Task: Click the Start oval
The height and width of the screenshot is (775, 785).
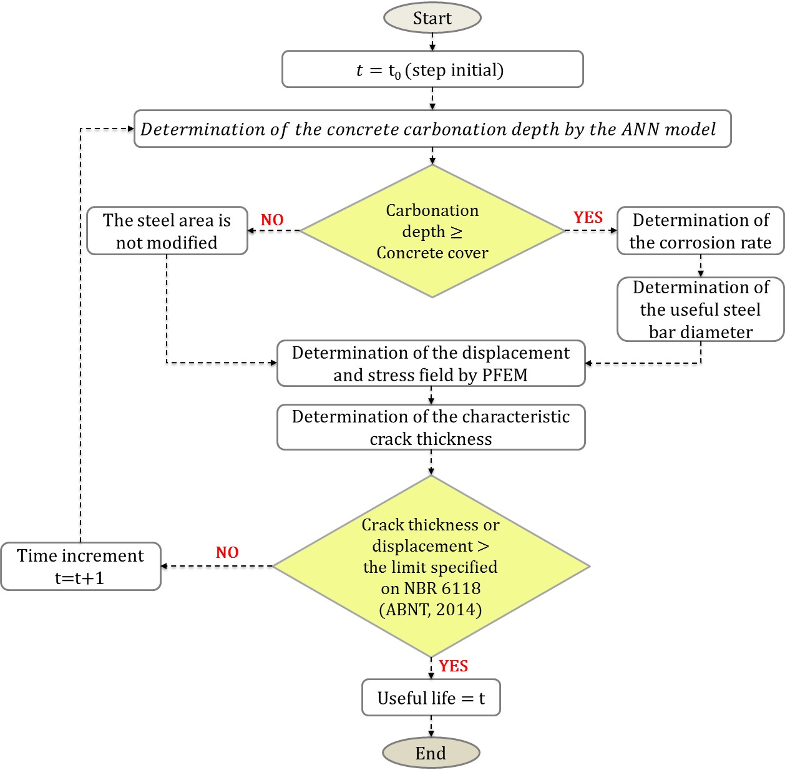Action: [432, 18]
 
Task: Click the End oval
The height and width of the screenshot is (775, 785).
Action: [431, 753]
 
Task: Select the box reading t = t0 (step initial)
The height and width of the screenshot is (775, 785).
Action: [432, 69]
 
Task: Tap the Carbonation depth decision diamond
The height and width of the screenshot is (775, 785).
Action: [432, 231]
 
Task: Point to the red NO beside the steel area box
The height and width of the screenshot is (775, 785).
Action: [272, 220]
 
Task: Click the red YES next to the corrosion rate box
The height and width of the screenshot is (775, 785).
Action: [588, 217]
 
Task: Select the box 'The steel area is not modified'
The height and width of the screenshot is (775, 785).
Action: [167, 231]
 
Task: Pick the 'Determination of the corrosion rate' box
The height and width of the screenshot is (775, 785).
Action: [700, 231]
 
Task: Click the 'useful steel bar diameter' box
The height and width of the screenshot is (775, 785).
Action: [700, 310]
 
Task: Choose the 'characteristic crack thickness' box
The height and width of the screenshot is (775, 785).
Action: [431, 427]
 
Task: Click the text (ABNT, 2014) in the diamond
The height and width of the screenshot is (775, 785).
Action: [431, 609]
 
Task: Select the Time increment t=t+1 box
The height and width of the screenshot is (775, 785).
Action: [80, 566]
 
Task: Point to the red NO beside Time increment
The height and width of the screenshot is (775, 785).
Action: [227, 552]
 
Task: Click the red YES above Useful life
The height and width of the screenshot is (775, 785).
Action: [453, 666]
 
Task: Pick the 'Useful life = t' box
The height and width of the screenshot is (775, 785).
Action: [431, 698]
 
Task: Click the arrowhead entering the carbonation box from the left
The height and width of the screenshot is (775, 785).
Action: [130, 129]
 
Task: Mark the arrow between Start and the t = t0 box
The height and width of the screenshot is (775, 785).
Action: [432, 42]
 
